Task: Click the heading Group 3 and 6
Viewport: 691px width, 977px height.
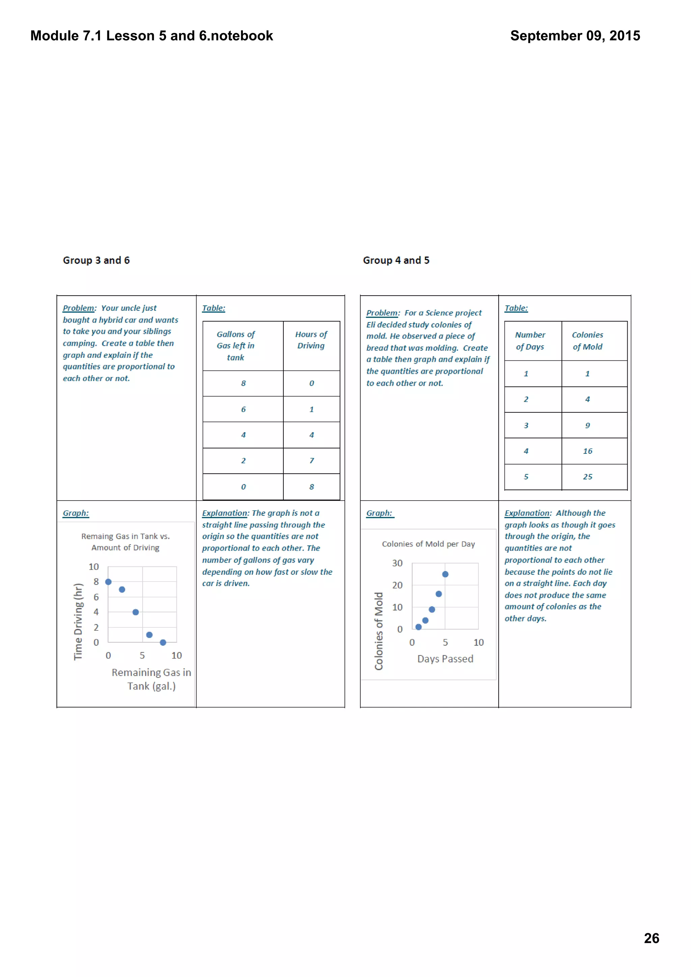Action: pyautogui.click(x=96, y=260)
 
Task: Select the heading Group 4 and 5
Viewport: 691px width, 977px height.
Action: pyautogui.click(x=396, y=260)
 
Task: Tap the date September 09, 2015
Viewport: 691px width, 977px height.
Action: pyautogui.click(x=575, y=36)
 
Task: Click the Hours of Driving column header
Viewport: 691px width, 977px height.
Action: pyautogui.click(x=311, y=340)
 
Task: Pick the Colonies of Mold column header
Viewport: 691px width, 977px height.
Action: pyautogui.click(x=587, y=341)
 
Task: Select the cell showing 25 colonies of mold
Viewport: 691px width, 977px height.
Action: pyautogui.click(x=587, y=477)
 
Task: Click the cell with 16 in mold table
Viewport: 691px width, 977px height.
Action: pyautogui.click(x=587, y=451)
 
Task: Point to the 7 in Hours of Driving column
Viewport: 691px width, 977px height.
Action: pyautogui.click(x=312, y=461)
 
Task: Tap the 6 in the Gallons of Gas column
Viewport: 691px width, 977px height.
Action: pyautogui.click(x=243, y=409)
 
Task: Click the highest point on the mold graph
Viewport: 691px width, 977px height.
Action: pyautogui.click(x=445, y=574)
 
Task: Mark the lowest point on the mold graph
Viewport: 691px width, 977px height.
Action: pyautogui.click(x=418, y=627)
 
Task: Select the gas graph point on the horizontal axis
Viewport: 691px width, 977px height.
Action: pyautogui.click(x=163, y=643)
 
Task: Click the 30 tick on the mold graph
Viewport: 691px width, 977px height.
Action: pyautogui.click(x=397, y=563)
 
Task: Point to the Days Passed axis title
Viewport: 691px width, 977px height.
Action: pyautogui.click(x=445, y=659)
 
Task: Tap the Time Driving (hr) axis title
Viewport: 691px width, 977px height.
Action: pyautogui.click(x=78, y=622)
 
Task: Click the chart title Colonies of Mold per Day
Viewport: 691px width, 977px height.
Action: pyautogui.click(x=428, y=544)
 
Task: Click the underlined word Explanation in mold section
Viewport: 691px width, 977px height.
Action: pyautogui.click(x=527, y=513)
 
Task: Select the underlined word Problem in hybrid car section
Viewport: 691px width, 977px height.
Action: pyautogui.click(x=79, y=308)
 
